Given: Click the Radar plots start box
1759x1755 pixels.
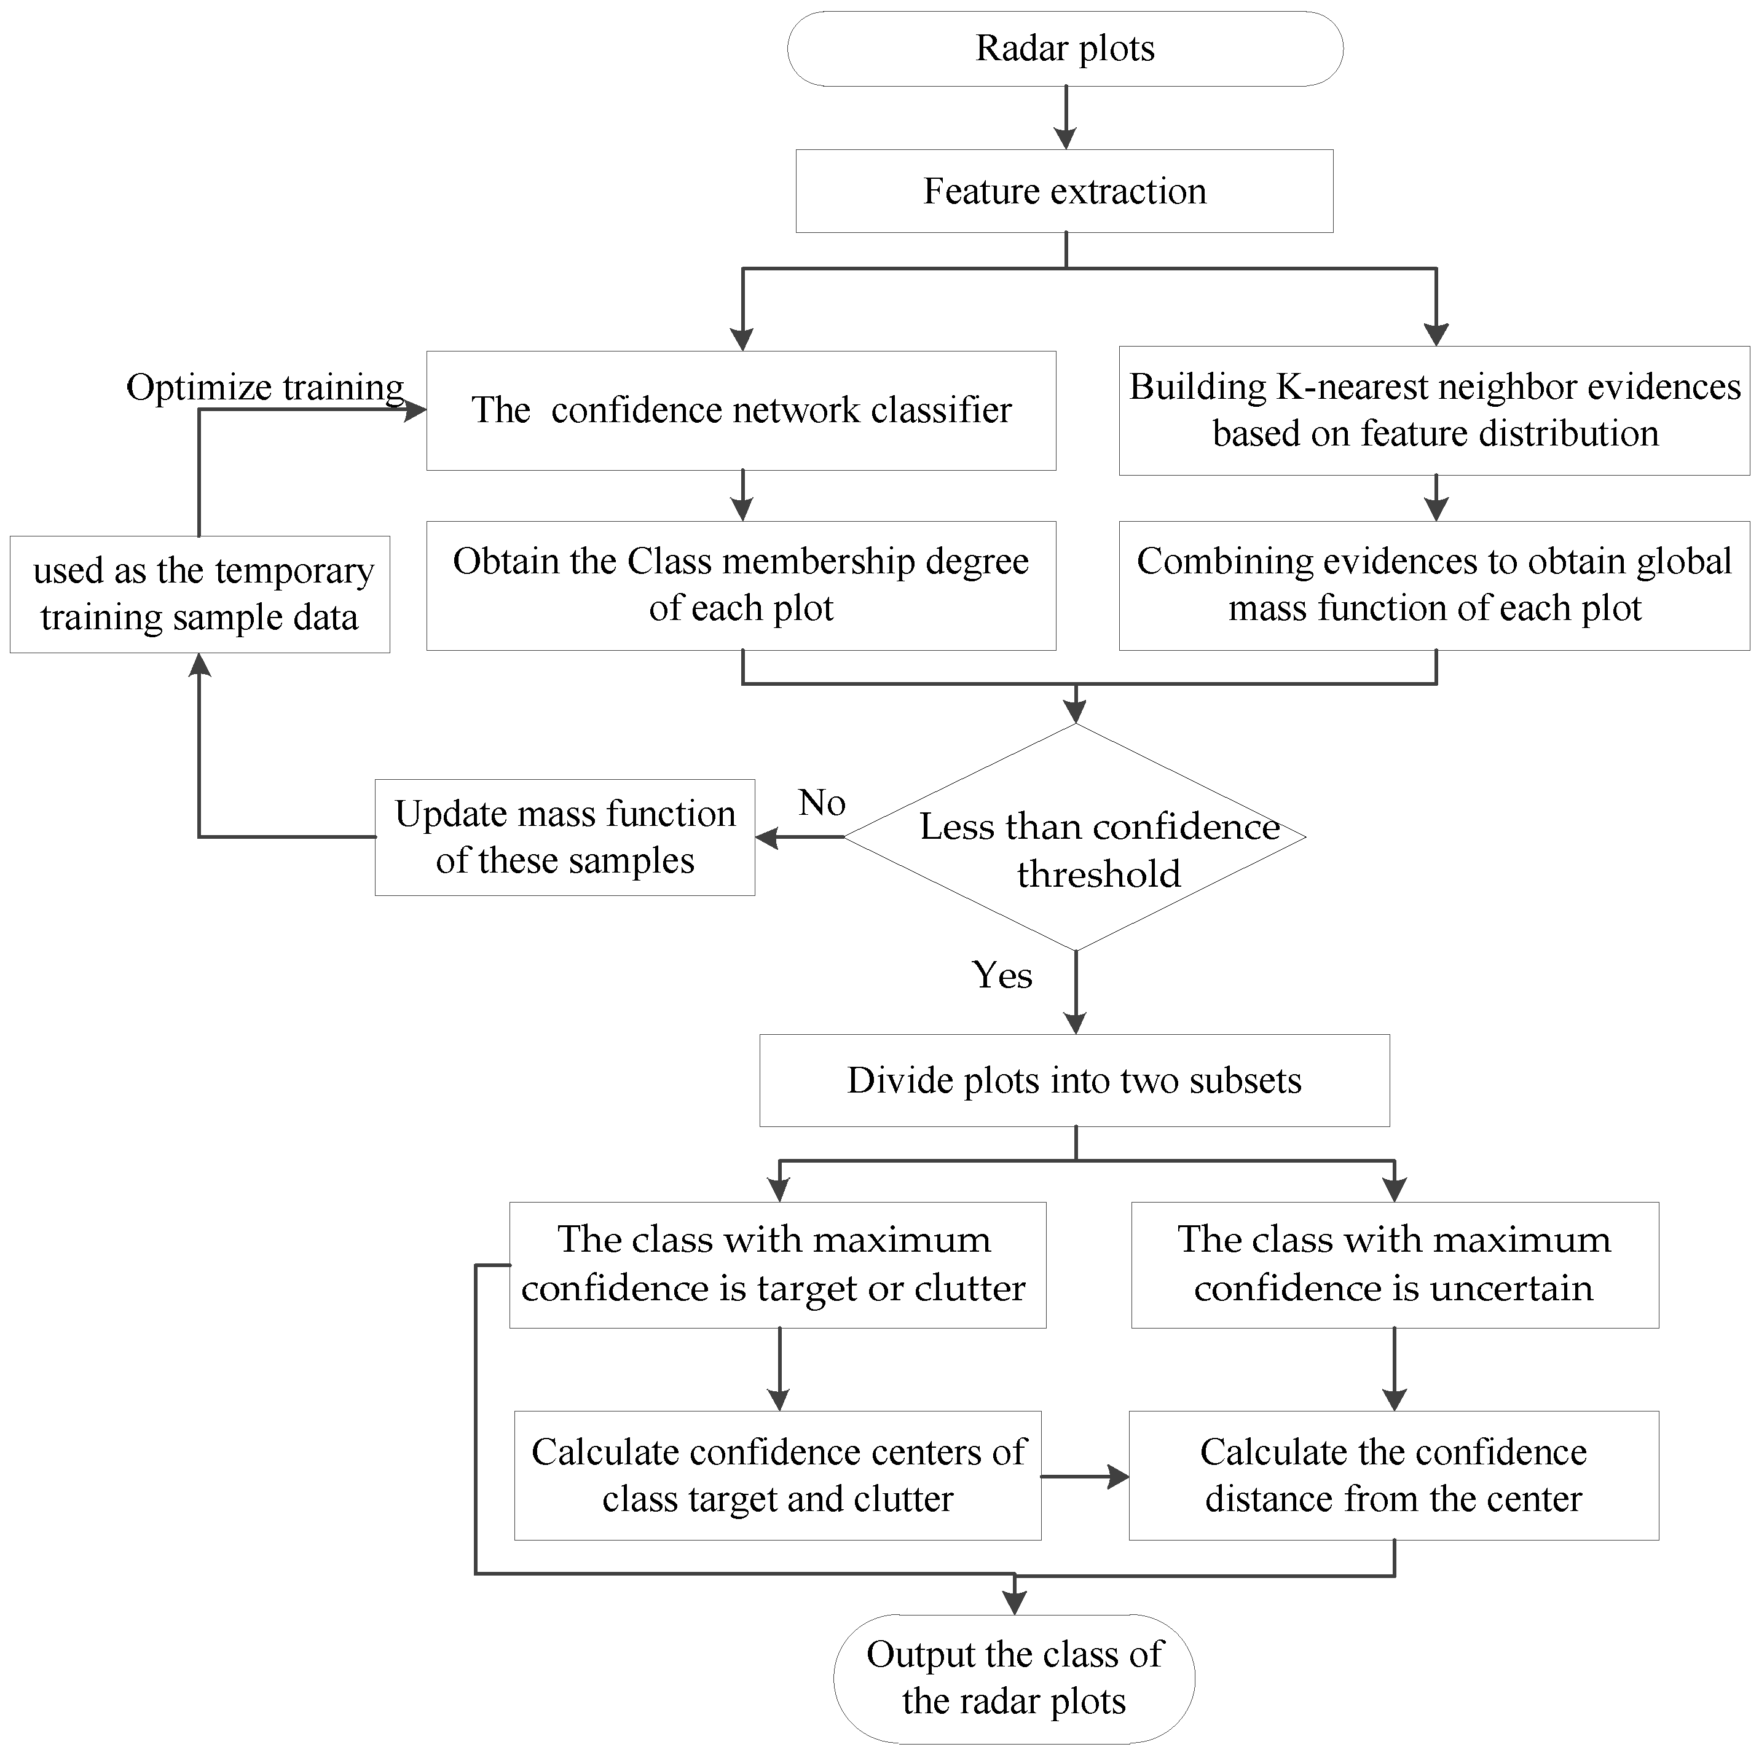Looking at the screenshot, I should [x=1064, y=49].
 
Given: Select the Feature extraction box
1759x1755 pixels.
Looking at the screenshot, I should [x=1064, y=191].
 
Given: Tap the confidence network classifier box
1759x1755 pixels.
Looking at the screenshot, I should [x=741, y=410].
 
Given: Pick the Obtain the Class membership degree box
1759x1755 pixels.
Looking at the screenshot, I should [x=741, y=585].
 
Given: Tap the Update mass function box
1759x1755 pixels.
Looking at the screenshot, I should [x=564, y=838].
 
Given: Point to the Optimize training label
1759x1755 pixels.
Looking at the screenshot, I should [x=265, y=388].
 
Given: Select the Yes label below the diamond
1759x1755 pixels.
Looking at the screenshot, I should [x=1002, y=976].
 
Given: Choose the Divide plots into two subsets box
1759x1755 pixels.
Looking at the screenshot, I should [x=1074, y=1080].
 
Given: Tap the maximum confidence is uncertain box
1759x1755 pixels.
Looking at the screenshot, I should [x=1394, y=1265].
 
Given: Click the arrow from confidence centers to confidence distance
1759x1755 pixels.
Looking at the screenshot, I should [x=1085, y=1477].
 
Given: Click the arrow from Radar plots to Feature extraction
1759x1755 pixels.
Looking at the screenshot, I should [x=1065, y=119].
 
